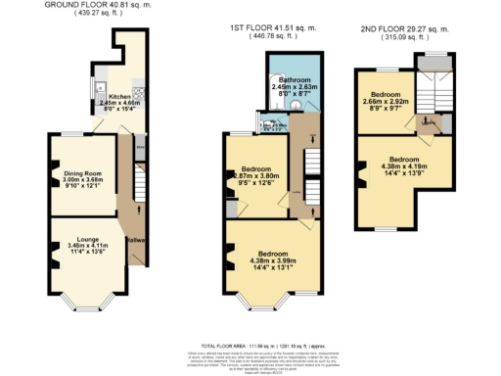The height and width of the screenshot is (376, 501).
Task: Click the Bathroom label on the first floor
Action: coord(294,78)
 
